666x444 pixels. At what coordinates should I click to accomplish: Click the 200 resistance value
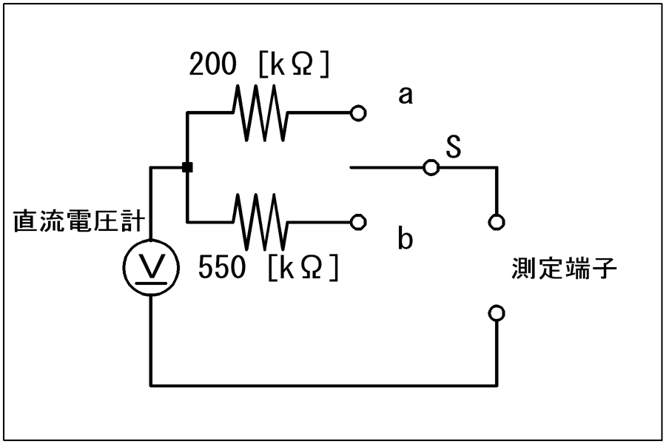pyautogui.click(x=212, y=64)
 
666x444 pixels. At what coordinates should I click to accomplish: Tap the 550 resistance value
pyautogui.click(x=222, y=267)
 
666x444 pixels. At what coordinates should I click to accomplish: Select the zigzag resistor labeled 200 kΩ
pyautogui.click(x=260, y=112)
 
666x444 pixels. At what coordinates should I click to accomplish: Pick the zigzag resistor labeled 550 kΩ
pyautogui.click(x=260, y=222)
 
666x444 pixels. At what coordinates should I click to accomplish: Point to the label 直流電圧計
pyautogui.click(x=79, y=221)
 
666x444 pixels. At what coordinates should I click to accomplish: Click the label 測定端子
pyautogui.click(x=564, y=269)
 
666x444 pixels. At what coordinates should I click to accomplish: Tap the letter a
pyautogui.click(x=406, y=95)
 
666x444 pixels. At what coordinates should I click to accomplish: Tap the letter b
pyautogui.click(x=406, y=238)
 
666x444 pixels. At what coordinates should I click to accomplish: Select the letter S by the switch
pyautogui.click(x=453, y=147)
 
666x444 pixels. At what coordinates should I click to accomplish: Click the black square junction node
pyautogui.click(x=187, y=167)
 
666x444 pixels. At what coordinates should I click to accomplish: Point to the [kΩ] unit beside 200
pyautogui.click(x=294, y=64)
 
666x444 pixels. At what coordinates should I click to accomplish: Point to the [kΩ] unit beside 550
pyautogui.click(x=303, y=268)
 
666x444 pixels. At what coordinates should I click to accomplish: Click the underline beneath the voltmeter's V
pyautogui.click(x=151, y=282)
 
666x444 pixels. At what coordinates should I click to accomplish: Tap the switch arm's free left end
pyautogui.click(x=351, y=167)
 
